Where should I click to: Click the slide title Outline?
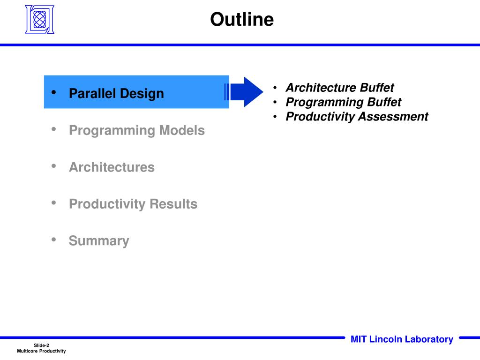click(x=242, y=19)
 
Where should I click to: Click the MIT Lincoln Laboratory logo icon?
click(x=39, y=19)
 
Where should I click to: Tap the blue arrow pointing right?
click(x=244, y=92)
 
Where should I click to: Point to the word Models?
click(x=182, y=130)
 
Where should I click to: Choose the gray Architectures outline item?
click(x=112, y=167)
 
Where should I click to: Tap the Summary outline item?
click(x=99, y=241)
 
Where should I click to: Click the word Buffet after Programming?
click(x=384, y=102)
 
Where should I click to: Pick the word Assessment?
click(x=393, y=116)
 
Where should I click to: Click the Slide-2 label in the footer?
click(x=41, y=345)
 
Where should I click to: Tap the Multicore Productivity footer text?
click(x=41, y=351)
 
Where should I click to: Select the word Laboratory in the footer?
click(x=429, y=339)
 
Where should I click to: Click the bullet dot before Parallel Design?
click(x=54, y=92)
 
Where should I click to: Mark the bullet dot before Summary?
click(x=54, y=240)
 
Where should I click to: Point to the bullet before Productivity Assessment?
click(x=275, y=116)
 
